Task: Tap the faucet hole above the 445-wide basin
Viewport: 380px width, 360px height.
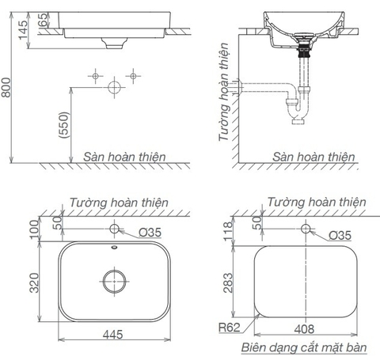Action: pos(116,229)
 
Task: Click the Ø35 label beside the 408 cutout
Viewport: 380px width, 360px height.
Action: pos(340,235)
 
